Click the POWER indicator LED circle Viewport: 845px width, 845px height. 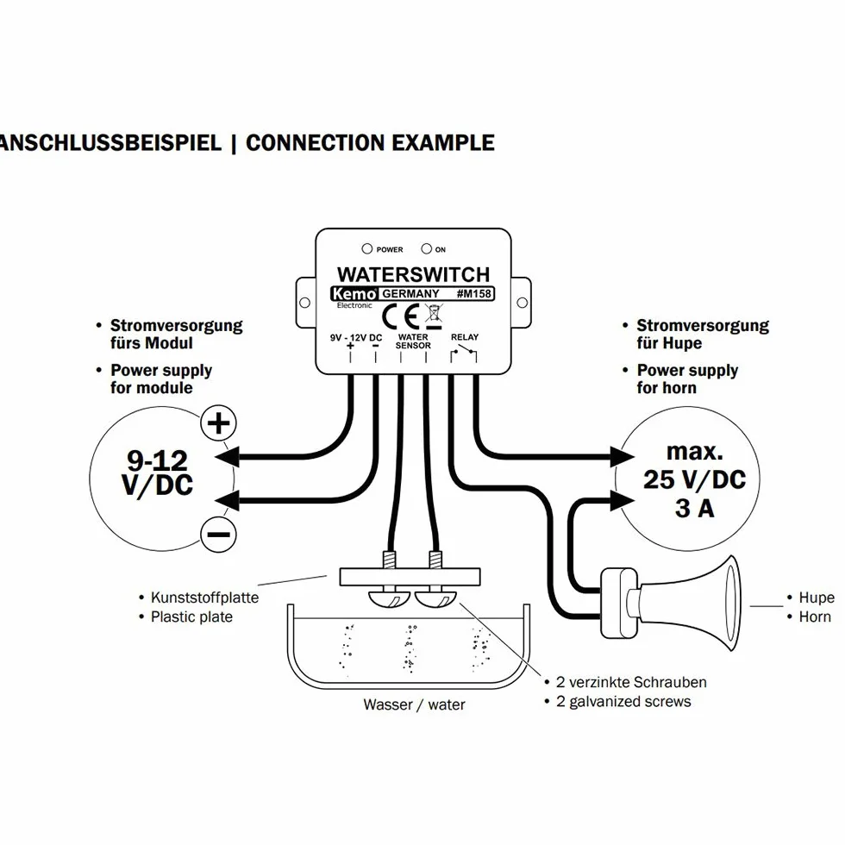coord(367,248)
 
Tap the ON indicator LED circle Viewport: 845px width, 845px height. coord(426,248)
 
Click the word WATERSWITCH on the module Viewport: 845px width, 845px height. coord(413,274)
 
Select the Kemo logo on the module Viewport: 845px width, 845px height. coord(354,294)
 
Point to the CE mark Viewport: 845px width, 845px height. coord(400,317)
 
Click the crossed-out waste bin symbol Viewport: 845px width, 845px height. coord(434,316)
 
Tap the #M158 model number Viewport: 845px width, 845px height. coord(474,294)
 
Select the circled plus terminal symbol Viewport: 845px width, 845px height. coord(218,423)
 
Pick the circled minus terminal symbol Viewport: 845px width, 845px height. coord(218,534)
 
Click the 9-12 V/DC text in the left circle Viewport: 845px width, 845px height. coord(157,473)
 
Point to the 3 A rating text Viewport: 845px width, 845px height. coord(695,508)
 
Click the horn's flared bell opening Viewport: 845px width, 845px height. coord(732,603)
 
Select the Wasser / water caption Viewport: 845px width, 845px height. coord(414,704)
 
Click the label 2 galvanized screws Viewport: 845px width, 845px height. coord(623,702)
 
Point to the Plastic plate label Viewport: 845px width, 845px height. coord(191,617)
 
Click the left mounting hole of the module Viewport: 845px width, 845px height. coord(304,303)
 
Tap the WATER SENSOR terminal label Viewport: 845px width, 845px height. coord(413,341)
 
